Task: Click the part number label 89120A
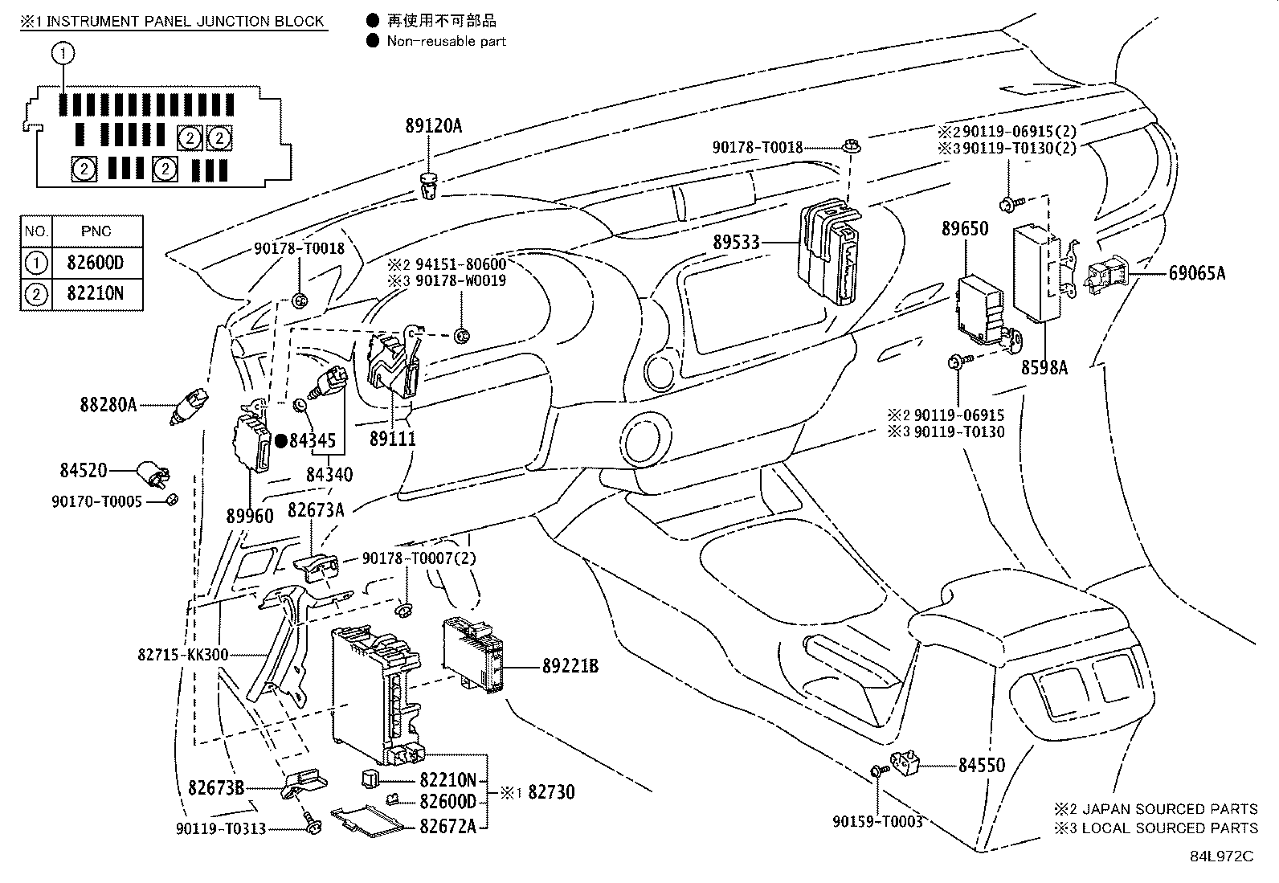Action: click(x=433, y=125)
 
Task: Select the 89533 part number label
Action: click(x=736, y=242)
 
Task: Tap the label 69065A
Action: click(x=1197, y=273)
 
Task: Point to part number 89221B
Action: click(x=570, y=666)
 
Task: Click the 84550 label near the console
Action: click(x=982, y=766)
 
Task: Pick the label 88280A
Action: click(x=108, y=405)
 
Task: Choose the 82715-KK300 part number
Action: click(x=182, y=655)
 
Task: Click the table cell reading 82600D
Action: click(x=96, y=263)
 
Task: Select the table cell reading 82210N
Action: click(x=96, y=293)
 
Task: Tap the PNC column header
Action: click(x=96, y=231)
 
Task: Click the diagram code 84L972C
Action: click(x=1221, y=856)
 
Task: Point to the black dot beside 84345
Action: click(x=281, y=441)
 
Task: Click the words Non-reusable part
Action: click(x=447, y=41)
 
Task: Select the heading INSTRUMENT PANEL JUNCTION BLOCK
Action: click(x=185, y=22)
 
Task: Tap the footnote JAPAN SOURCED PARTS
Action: click(x=1170, y=809)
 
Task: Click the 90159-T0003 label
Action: click(x=877, y=821)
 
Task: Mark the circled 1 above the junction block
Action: click(x=63, y=54)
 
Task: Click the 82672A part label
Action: click(x=447, y=827)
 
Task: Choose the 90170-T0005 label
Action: click(x=97, y=501)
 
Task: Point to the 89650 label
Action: click(x=964, y=229)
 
